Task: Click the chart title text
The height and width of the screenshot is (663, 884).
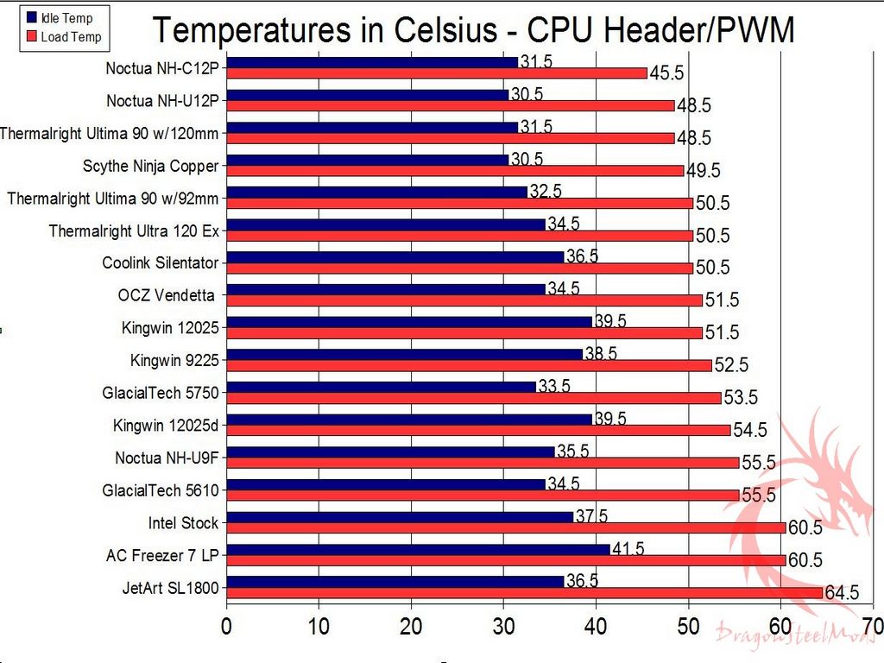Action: pos(473,30)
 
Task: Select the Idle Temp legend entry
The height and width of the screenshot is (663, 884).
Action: pos(66,18)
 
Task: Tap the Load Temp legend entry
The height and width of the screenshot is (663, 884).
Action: pos(70,37)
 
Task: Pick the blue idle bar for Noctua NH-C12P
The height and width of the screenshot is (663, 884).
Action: pos(372,62)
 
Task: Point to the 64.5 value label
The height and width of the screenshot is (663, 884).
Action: pos(842,593)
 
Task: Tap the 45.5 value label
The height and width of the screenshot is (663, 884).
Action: pos(666,73)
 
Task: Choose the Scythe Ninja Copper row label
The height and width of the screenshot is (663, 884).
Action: pos(151,166)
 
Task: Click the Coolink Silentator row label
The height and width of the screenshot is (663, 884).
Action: pos(161,262)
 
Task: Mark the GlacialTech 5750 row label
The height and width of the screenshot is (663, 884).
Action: pos(161,393)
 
